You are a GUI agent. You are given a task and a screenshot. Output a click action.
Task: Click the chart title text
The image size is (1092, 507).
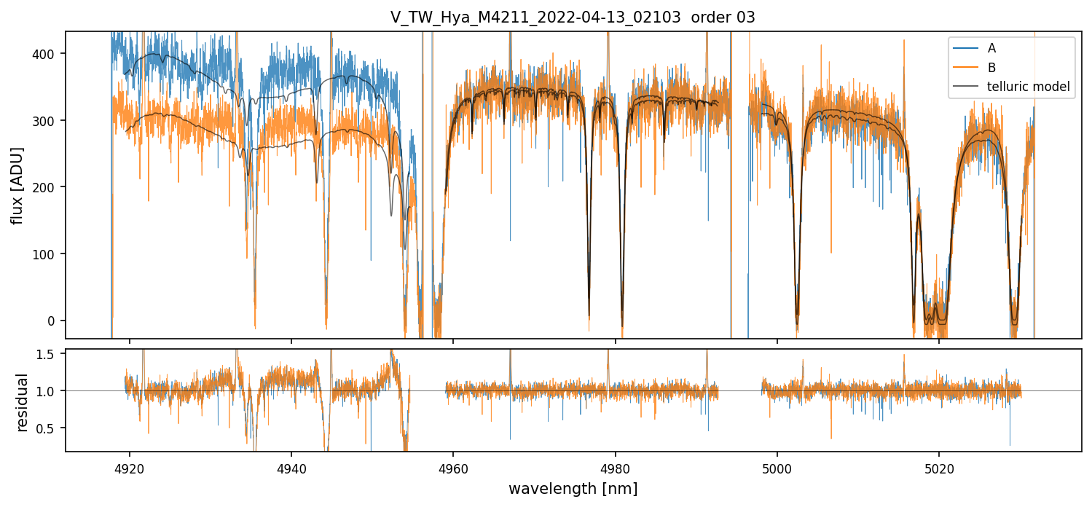[573, 17]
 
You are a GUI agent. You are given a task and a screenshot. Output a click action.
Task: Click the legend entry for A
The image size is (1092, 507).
[991, 48]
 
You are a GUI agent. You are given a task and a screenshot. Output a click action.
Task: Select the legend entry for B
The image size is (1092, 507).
[991, 67]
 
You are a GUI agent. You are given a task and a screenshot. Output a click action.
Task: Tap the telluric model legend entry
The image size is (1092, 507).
[1028, 87]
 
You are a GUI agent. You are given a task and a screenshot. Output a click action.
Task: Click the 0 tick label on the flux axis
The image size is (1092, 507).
[55, 321]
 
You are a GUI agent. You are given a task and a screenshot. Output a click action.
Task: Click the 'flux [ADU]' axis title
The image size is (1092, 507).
[17, 185]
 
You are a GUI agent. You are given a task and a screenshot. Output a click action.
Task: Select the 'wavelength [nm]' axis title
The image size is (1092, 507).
[573, 488]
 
